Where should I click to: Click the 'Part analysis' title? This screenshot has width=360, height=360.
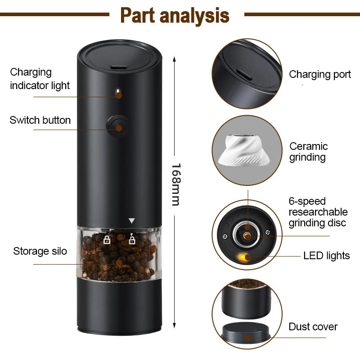point(175,15)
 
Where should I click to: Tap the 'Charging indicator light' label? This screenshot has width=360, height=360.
point(40,79)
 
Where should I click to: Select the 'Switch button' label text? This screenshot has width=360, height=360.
point(40,120)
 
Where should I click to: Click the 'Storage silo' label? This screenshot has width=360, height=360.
point(40,251)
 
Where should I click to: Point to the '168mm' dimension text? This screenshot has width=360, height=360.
point(175,184)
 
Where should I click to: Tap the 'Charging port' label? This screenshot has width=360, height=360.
point(319,74)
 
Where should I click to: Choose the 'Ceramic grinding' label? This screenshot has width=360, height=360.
point(308,152)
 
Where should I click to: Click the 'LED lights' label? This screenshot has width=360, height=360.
point(326,256)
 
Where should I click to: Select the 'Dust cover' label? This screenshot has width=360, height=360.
point(313,327)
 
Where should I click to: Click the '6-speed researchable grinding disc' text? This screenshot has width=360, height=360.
point(318,212)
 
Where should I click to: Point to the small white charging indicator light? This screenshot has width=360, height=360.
point(118,94)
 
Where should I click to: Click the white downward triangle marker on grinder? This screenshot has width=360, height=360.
point(131,221)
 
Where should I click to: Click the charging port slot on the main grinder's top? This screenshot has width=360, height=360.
point(118,67)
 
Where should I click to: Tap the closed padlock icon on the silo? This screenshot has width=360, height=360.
point(107,239)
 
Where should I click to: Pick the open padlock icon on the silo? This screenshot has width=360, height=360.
point(132,239)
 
